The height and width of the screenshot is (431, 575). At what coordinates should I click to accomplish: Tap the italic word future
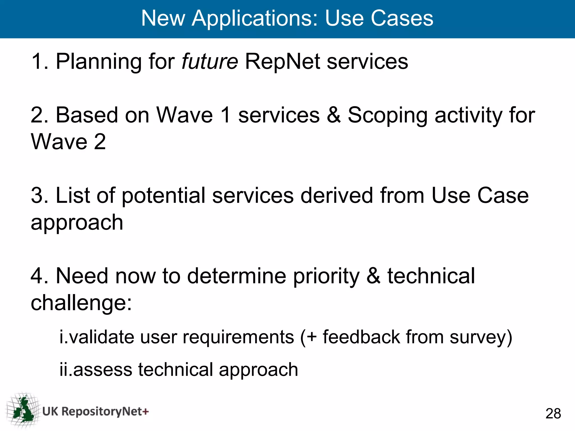click(210, 61)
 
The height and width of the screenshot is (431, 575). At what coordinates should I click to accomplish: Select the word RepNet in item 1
click(282, 61)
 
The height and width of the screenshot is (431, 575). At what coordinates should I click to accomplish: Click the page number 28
click(553, 413)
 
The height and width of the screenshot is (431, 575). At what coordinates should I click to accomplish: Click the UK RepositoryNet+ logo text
click(95, 411)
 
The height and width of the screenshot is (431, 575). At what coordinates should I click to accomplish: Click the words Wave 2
click(68, 141)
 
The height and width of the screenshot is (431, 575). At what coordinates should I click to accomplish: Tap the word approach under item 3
click(77, 223)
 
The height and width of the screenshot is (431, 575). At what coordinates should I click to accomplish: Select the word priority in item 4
click(326, 276)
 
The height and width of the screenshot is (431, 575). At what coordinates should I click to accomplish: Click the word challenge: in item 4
click(81, 303)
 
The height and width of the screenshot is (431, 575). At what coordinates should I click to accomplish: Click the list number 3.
click(37, 196)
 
